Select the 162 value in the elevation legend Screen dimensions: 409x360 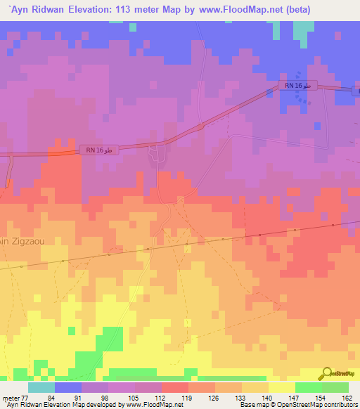pos(347,398)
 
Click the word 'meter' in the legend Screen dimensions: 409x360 pos(10,398)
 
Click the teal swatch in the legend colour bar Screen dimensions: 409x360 pos(41,387)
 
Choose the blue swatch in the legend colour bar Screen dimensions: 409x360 pos(68,387)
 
